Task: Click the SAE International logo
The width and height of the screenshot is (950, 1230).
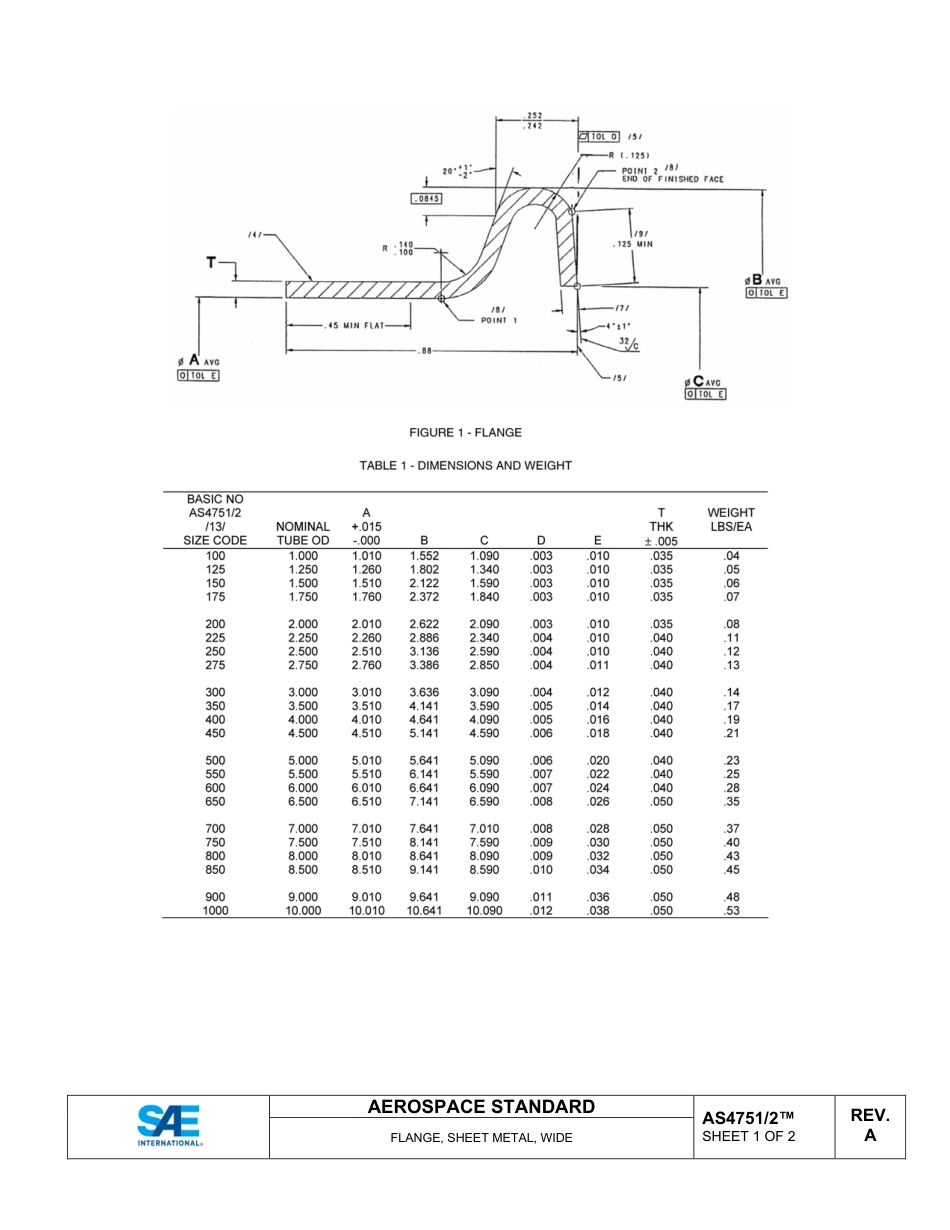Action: [169, 1126]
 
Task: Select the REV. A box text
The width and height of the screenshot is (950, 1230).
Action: [869, 1125]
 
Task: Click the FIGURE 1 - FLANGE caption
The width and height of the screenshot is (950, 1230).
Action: [465, 433]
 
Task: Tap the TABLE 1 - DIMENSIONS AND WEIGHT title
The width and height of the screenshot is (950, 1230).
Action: [466, 465]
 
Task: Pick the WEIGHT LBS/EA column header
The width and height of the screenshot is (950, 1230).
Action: [730, 520]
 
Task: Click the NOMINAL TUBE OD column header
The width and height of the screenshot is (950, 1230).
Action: [303, 533]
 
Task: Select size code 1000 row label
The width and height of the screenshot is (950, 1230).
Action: [215, 911]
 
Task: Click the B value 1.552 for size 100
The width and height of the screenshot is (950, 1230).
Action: [424, 556]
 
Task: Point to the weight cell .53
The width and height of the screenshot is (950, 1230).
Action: [731, 911]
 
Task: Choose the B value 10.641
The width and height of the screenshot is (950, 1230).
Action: [424, 911]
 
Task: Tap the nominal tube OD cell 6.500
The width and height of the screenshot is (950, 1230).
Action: [303, 802]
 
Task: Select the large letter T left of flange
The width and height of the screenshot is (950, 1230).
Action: [211, 263]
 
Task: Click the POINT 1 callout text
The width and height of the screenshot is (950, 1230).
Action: [499, 320]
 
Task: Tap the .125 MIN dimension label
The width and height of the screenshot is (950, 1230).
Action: [631, 244]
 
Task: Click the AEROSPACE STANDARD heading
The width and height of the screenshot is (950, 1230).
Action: [481, 1107]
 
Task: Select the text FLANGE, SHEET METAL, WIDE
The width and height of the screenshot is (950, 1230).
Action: [481, 1138]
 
